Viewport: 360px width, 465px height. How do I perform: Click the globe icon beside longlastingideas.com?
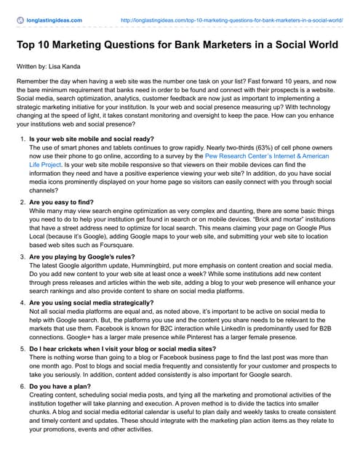tap(20, 20)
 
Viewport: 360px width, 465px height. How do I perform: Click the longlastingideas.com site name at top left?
tap(55, 20)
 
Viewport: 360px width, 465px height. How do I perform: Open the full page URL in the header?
tap(231, 20)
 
